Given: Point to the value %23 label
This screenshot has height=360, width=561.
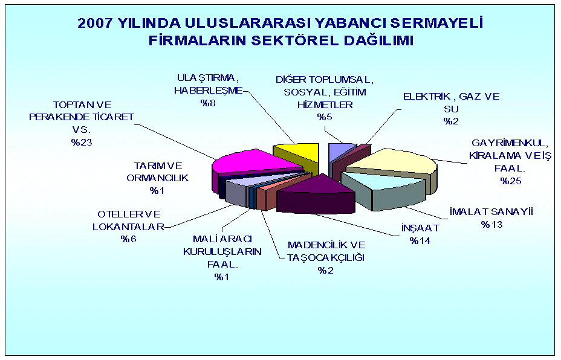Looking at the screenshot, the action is click(82, 143).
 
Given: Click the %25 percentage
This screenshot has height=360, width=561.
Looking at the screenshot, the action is click(511, 181).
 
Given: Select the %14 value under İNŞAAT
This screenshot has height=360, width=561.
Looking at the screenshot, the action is click(420, 240).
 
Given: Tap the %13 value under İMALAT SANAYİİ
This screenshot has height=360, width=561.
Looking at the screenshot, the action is click(491, 225).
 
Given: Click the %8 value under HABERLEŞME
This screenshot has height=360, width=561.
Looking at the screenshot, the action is click(207, 103).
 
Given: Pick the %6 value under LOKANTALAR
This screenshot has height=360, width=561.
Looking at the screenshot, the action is click(128, 239).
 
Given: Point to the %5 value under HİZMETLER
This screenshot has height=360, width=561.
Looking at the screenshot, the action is click(325, 117).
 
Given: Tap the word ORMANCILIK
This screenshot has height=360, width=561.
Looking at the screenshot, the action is click(157, 178).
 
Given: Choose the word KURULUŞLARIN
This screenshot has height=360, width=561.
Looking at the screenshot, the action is click(222, 252).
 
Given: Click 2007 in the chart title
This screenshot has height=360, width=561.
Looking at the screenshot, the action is click(95, 23).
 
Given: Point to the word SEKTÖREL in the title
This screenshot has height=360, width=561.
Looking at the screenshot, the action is click(295, 40).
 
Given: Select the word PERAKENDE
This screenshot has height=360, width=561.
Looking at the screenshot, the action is click(59, 117).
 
